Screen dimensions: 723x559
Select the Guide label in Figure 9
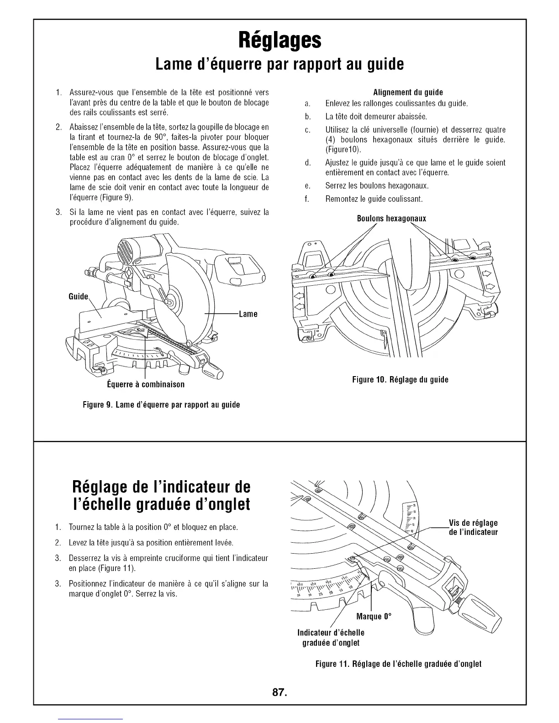click(78, 297)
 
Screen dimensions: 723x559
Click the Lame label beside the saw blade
click(248, 314)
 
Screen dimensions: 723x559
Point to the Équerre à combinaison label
click(145, 384)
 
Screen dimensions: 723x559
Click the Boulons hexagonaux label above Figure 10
click(391, 219)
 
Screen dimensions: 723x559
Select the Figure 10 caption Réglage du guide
click(400, 380)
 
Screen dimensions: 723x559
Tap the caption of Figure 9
click(162, 405)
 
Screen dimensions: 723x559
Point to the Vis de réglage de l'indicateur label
click(473, 528)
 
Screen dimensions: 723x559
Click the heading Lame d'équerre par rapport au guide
click(279, 65)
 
